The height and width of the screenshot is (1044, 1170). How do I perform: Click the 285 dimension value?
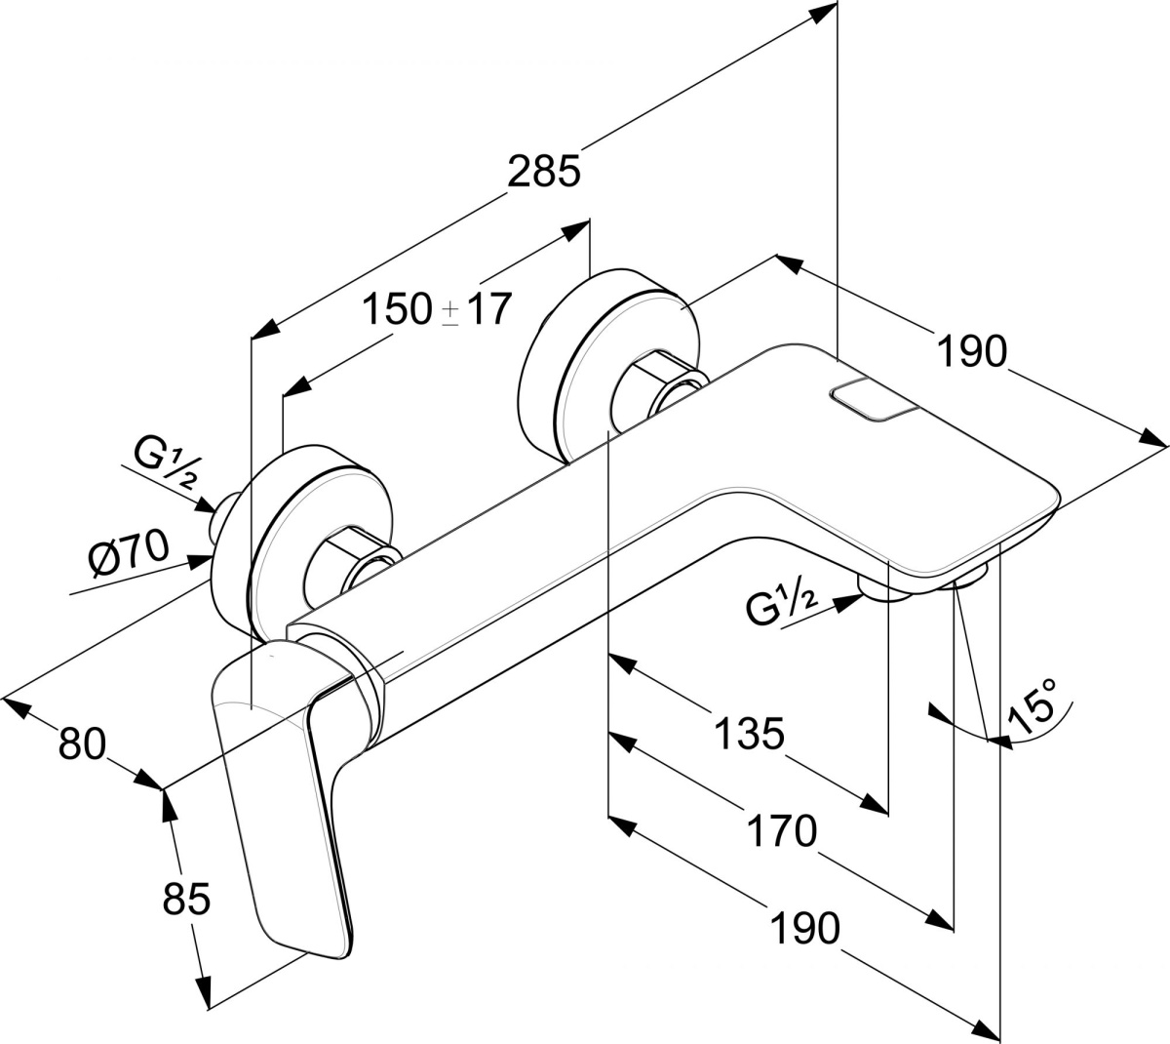tap(544, 172)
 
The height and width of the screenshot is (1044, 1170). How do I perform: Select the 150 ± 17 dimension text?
tap(436, 309)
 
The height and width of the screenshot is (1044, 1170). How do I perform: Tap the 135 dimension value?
tap(749, 733)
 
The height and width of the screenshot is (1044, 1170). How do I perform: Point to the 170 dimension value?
tap(781, 832)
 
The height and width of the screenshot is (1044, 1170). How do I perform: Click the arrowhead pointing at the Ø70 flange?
tap(204, 561)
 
